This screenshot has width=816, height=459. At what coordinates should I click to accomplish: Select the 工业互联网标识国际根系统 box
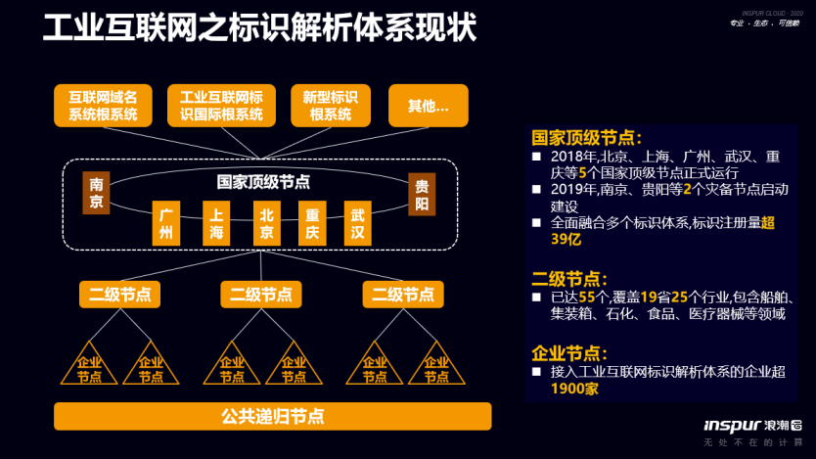coord(222,106)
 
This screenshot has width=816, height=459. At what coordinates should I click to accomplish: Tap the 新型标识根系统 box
coord(330,106)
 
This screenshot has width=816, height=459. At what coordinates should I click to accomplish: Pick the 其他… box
coord(429,106)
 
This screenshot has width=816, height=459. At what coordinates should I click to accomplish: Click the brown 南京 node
coord(97,194)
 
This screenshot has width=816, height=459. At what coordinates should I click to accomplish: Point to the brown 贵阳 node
coord(422,194)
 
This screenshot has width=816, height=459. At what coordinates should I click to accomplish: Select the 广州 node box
coord(166,223)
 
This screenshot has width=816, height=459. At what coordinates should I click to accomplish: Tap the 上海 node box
coord(216,223)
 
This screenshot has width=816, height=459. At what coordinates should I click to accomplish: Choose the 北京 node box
coord(265,223)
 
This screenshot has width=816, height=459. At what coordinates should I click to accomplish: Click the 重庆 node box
coord(312,223)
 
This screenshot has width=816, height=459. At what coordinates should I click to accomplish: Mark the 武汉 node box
coord(357,223)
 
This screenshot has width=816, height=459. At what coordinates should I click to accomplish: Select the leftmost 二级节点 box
coord(120,294)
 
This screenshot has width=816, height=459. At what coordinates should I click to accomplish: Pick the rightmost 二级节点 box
coord(403,294)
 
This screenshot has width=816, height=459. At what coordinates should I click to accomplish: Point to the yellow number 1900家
coord(573,389)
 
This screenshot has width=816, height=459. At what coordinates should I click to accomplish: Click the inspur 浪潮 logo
coord(752,425)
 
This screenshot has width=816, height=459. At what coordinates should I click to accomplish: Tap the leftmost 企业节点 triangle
coord(89,366)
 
